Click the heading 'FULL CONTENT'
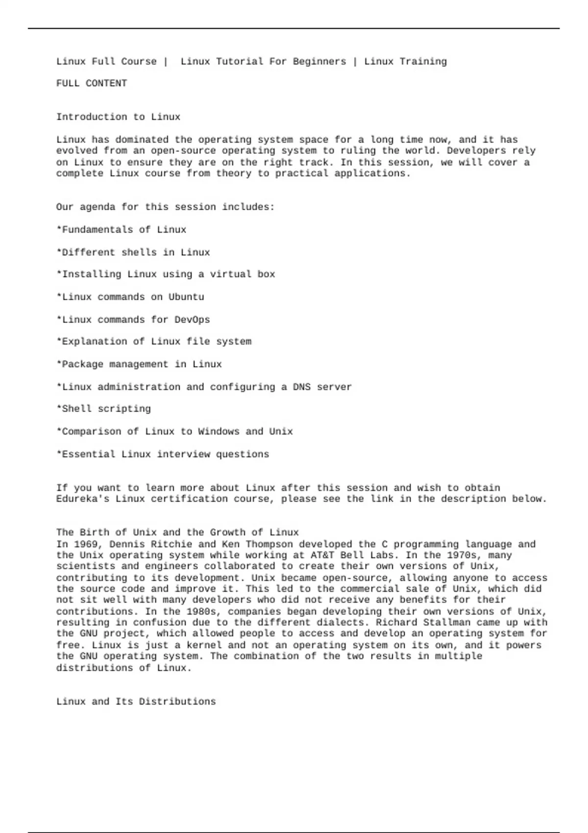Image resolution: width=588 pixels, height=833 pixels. pos(92,83)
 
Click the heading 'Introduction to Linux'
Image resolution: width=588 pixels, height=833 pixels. pos(118,117)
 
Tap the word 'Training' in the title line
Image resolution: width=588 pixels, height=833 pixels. pos(423,62)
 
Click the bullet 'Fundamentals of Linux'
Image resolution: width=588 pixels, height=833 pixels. pos(122,230)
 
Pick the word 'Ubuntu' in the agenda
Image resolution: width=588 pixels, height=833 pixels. pos(186,297)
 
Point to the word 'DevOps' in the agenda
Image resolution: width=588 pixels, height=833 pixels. pos(192,320)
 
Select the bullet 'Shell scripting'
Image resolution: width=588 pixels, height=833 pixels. pos(104,409)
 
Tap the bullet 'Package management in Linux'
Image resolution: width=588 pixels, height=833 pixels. pos(139,365)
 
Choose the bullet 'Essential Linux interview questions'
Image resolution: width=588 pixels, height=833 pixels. pos(163,454)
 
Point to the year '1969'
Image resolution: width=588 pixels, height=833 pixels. pos(86,544)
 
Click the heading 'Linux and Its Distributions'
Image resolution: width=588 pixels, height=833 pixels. pos(136,702)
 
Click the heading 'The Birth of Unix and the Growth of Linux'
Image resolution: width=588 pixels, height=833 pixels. pos(177,533)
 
